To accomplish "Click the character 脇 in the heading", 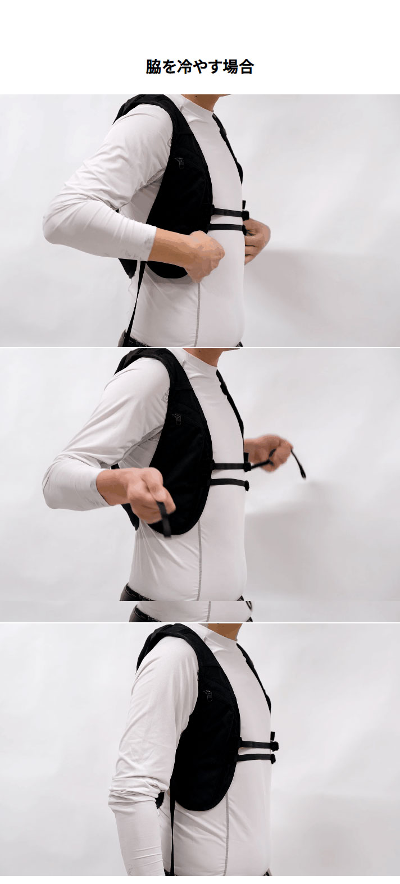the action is click(x=153, y=67).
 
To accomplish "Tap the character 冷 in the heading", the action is click(x=184, y=67).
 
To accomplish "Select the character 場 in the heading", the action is click(x=230, y=67).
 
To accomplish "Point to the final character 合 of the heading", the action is click(x=246, y=67).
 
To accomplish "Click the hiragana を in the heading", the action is click(x=169, y=67).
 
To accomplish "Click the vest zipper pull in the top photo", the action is click(x=180, y=162).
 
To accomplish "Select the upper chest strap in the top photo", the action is click(x=230, y=213).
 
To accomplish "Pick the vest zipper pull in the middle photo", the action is click(x=178, y=419).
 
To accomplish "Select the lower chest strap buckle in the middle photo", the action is click(x=246, y=485).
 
